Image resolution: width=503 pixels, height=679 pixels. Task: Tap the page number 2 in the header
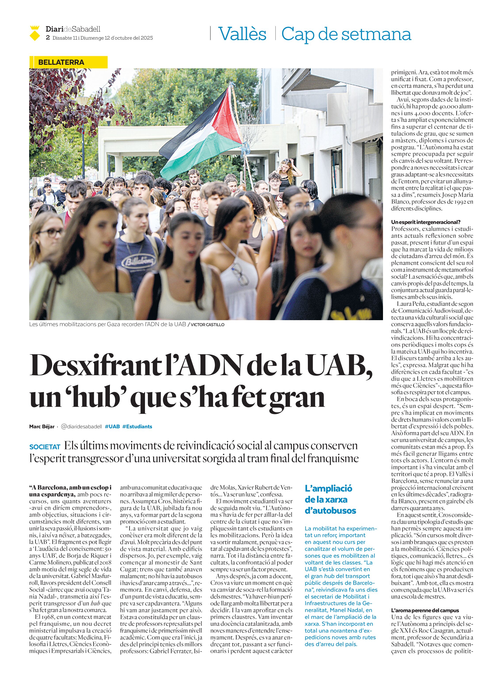point(48,38)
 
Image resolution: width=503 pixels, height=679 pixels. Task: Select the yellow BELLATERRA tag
point(61,62)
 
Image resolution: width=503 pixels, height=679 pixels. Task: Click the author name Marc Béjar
point(42,427)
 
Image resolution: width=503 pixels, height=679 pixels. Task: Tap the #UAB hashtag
point(112,427)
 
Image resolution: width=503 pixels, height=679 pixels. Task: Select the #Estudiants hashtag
point(137,427)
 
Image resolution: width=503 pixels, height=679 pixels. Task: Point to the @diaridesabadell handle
point(81,427)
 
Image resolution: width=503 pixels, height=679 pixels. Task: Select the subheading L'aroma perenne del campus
point(425,610)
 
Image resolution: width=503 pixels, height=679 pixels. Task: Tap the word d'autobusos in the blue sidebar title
point(330,511)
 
